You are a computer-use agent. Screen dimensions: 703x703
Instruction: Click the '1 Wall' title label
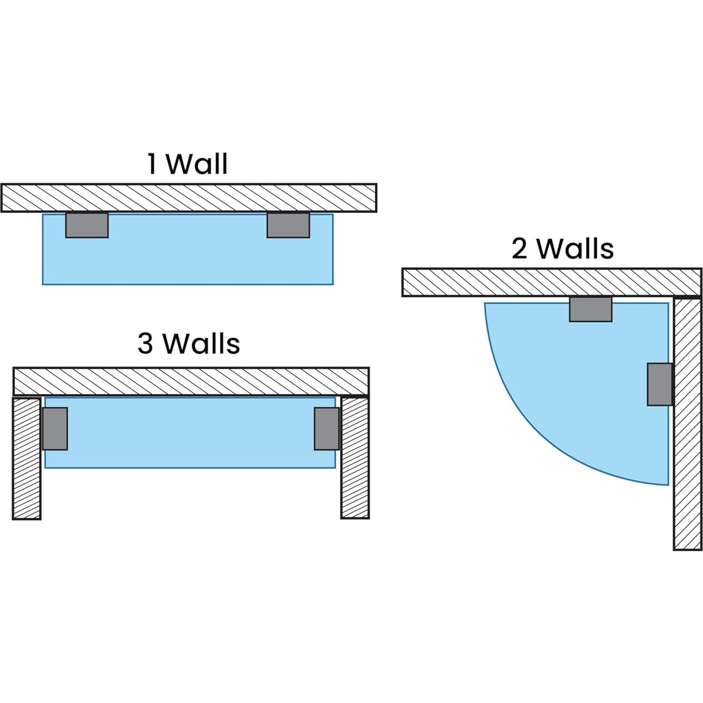(188, 163)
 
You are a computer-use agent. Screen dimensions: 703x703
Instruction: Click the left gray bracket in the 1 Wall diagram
(87, 225)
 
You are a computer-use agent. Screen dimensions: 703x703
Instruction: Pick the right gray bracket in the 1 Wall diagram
(288, 225)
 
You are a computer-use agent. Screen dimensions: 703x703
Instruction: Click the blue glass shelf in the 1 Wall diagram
(188, 249)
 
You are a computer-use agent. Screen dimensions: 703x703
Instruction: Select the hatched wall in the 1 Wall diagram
(189, 198)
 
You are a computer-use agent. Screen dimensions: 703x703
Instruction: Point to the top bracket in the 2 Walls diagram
(591, 309)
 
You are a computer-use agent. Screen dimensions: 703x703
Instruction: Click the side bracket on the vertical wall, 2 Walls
(660, 384)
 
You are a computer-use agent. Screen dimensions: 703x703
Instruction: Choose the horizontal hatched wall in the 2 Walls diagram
(552, 282)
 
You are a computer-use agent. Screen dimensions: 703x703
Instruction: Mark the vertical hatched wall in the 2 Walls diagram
(688, 423)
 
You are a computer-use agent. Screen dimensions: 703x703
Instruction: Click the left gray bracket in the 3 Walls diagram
(55, 429)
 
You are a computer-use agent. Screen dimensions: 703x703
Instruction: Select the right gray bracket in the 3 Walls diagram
(327, 429)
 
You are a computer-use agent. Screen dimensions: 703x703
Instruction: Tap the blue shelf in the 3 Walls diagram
(190, 433)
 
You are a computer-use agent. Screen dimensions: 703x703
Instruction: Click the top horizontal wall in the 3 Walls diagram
(191, 382)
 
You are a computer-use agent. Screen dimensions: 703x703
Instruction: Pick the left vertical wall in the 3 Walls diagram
(27, 458)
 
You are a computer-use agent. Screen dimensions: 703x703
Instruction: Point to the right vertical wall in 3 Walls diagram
(355, 458)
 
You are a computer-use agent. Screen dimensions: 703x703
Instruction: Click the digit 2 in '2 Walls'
(519, 248)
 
